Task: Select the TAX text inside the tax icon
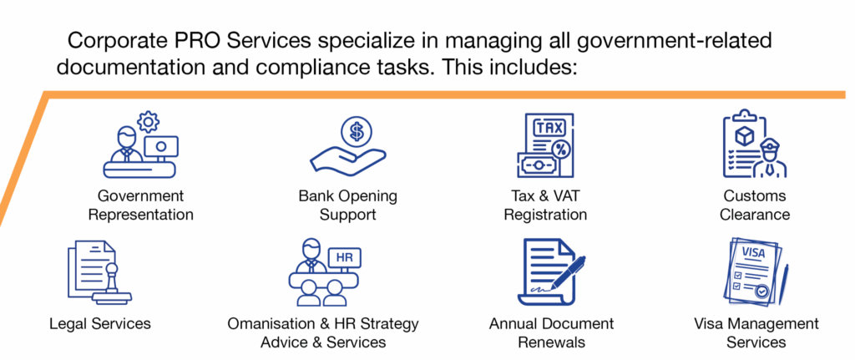[546, 129]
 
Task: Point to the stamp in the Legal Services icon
[113, 286]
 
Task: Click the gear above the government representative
[148, 121]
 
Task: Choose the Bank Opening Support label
[348, 205]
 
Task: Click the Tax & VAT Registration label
[545, 205]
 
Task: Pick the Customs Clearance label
[755, 205]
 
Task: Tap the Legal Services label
[100, 323]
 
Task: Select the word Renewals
[551, 342]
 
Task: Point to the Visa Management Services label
[756, 332]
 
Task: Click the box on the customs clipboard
[744, 134]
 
